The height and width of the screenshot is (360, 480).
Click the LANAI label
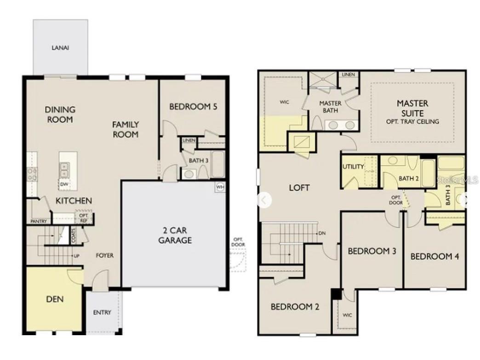tap(60, 47)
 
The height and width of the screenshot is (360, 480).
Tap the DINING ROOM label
tap(60, 114)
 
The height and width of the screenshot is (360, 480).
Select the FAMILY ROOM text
tap(126, 129)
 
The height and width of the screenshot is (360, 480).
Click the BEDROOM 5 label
tap(193, 107)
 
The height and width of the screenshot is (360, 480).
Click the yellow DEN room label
tap(55, 299)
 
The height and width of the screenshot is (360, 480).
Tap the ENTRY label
tap(102, 313)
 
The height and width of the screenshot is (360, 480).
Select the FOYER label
tap(104, 256)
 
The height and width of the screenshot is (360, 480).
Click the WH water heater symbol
tap(220, 188)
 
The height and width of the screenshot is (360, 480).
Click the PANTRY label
tap(39, 222)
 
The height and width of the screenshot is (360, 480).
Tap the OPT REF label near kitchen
tap(83, 218)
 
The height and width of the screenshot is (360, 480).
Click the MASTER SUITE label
tap(412, 108)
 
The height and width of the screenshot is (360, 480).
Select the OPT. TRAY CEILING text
tap(412, 122)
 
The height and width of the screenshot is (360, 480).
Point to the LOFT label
tap(299, 188)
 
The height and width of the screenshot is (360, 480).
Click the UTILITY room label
tap(353, 167)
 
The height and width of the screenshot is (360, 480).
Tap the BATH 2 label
tap(408, 178)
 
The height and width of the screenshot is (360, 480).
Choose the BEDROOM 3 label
tap(372, 251)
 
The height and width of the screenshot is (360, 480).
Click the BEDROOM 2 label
tap(295, 307)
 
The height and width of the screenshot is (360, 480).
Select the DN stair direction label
tap(321, 233)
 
